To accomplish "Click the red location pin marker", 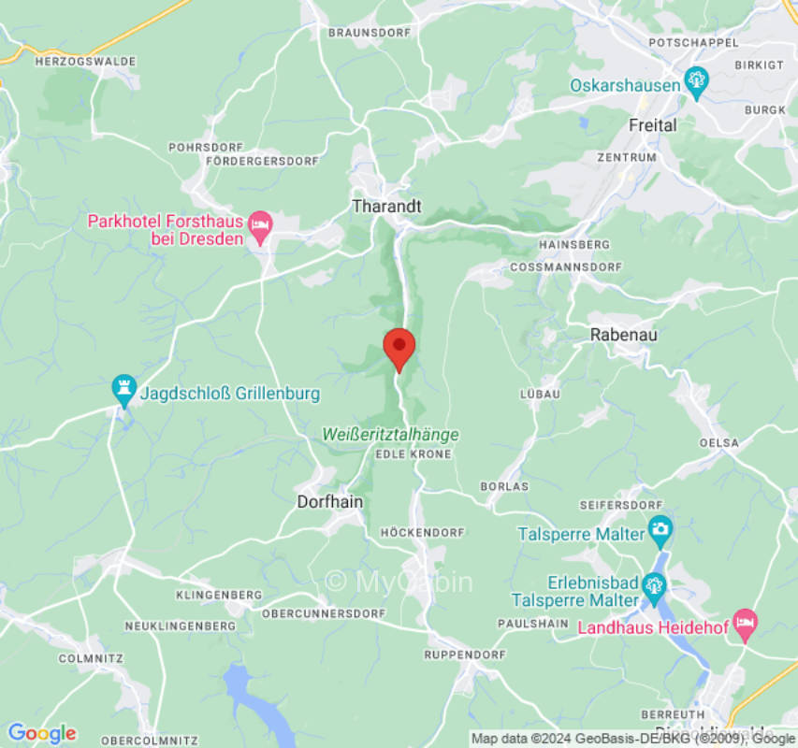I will click(x=399, y=348).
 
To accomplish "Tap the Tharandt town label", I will click(x=386, y=206).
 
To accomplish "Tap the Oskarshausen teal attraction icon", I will click(x=696, y=82).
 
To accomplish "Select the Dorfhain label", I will click(x=329, y=502).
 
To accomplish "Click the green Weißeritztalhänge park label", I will click(x=390, y=435).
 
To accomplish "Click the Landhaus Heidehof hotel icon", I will click(x=745, y=624).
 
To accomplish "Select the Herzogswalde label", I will click(x=85, y=62).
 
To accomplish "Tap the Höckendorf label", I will click(x=422, y=532).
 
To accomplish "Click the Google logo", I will click(x=41, y=733).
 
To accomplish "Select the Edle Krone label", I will click(x=413, y=454).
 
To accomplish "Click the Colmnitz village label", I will click(x=91, y=658).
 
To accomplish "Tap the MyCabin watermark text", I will click(x=399, y=582).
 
